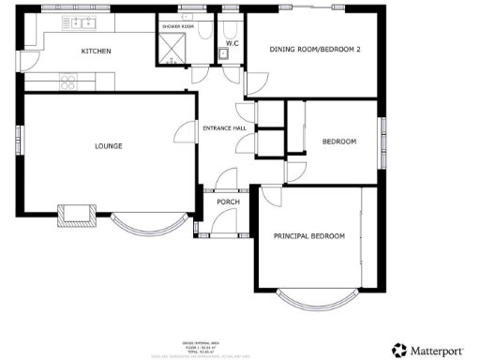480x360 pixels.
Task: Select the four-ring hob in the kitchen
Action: coord(68,82)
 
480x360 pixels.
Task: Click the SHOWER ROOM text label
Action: coord(176,26)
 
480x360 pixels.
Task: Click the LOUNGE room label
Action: coord(109,145)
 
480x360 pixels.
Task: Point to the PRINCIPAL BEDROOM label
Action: coord(308,235)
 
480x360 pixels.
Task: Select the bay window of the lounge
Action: coord(145,225)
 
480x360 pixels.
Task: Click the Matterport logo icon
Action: coord(400,350)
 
